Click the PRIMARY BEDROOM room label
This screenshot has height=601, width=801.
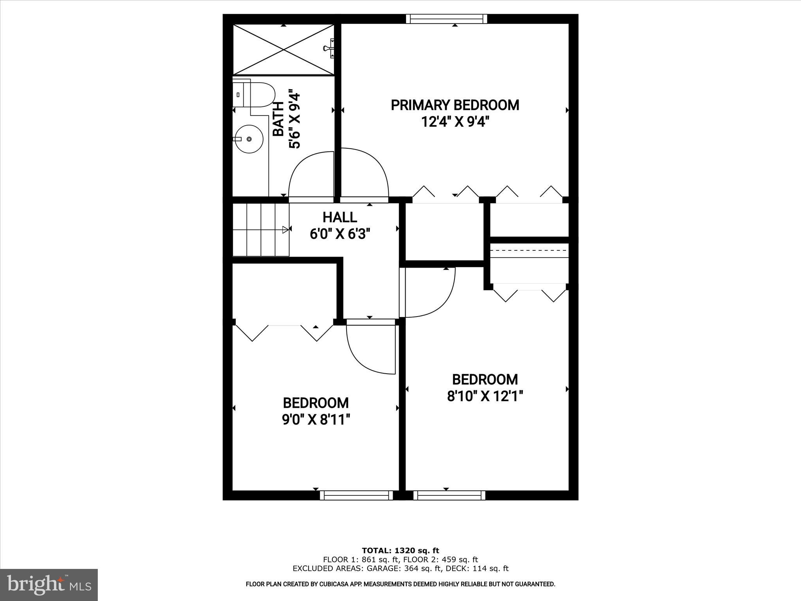(455, 105)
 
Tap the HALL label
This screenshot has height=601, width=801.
(339, 217)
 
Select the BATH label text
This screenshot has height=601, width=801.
(278, 119)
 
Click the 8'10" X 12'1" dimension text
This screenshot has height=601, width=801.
(485, 397)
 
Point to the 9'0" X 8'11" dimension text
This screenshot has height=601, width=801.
(316, 420)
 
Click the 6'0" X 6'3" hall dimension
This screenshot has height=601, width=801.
(339, 234)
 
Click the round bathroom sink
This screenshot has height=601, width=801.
(249, 139)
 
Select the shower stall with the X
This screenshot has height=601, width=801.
(284, 49)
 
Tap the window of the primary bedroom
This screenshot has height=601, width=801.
(446, 19)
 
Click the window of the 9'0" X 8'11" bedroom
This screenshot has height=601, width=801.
(356, 495)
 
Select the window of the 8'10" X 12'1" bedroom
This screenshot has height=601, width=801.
(449, 495)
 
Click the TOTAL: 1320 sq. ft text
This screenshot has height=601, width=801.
(400, 551)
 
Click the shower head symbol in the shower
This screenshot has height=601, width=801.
(329, 48)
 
